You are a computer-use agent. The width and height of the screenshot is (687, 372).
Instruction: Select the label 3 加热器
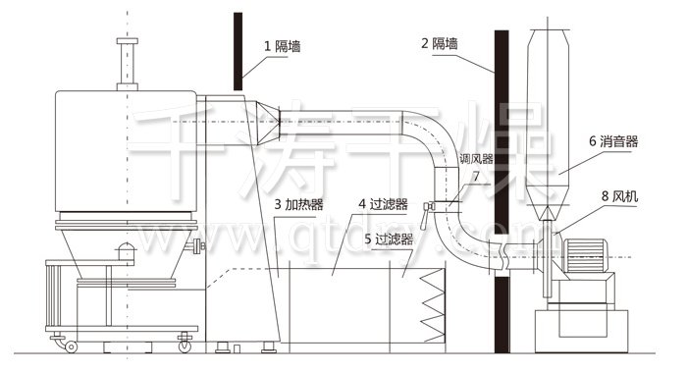298,204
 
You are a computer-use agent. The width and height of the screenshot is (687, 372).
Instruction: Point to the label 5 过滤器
387,238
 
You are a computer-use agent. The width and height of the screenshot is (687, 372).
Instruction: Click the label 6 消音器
613,141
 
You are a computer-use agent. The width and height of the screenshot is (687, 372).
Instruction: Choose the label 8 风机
619,196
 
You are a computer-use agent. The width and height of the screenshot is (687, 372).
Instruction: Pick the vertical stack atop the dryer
125,64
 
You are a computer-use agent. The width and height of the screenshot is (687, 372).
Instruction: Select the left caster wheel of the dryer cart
70,345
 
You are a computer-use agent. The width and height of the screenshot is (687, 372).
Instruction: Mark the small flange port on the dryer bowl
200,245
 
